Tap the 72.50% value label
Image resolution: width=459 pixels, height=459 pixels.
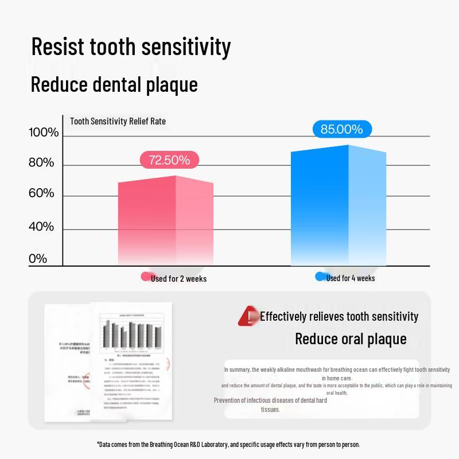(169, 160)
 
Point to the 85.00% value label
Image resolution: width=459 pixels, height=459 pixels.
(341, 129)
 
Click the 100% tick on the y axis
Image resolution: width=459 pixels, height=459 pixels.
(44, 133)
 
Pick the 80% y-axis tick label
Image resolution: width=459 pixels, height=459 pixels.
(41, 163)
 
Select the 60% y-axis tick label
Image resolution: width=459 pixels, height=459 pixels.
(41, 193)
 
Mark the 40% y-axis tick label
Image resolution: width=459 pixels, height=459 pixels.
(41, 227)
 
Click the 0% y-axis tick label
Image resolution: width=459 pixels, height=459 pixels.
(38, 259)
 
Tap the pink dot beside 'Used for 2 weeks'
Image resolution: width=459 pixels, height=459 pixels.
(146, 277)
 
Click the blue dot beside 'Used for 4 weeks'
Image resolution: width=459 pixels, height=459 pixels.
(320, 277)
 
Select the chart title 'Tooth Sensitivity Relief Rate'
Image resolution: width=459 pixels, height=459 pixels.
(118, 121)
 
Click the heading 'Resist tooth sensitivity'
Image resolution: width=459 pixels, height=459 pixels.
(131, 46)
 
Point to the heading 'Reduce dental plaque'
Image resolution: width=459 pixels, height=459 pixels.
(114, 84)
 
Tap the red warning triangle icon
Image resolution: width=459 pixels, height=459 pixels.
(248, 316)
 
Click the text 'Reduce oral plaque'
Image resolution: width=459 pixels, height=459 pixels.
(351, 339)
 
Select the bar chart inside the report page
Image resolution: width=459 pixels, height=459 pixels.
(131, 333)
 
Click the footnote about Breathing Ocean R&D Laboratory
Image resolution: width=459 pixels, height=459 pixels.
(228, 444)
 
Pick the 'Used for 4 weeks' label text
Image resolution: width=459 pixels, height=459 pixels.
(351, 278)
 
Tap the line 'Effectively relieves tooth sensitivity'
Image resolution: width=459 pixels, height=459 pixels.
(339, 316)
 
